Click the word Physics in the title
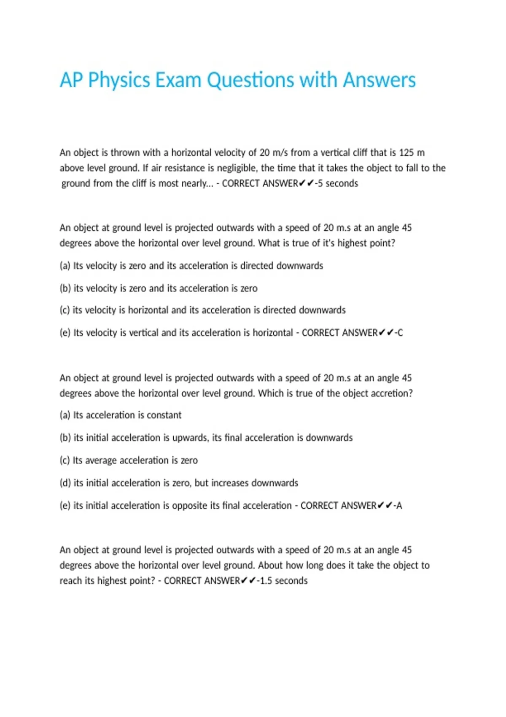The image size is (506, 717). [119, 80]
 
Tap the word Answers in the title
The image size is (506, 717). [379, 80]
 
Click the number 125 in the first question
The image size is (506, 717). [406, 153]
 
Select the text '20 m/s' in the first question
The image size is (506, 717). [273, 153]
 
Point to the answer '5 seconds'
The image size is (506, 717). [338, 183]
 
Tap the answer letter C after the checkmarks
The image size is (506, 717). [400, 333]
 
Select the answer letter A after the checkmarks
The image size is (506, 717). [399, 506]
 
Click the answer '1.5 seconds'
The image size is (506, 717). [284, 581]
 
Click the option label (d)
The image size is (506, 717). [65, 483]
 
